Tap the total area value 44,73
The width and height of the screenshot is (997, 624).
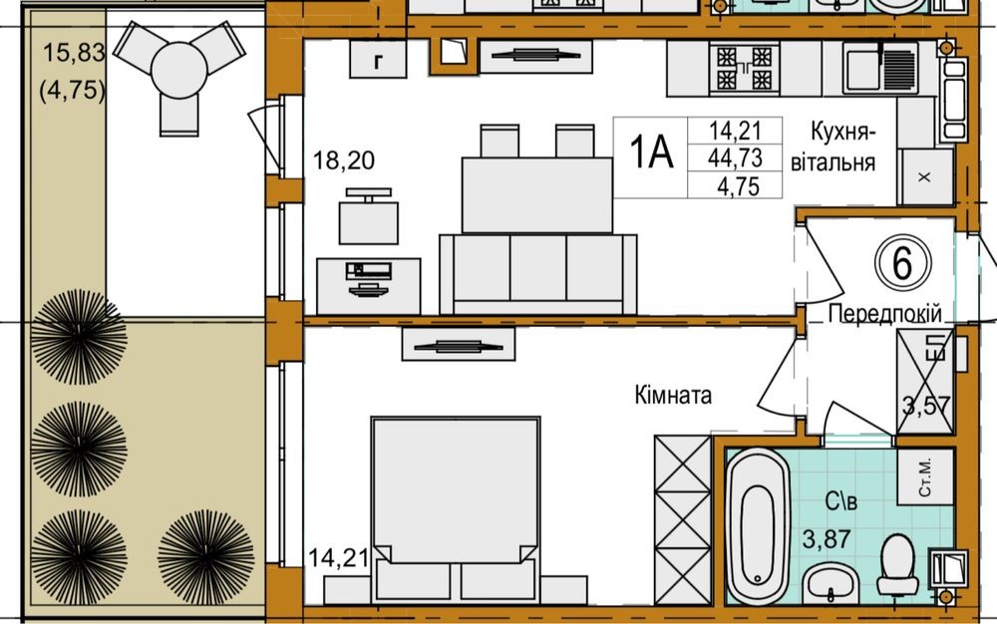tap(735, 157)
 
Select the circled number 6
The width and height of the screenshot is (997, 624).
tap(903, 262)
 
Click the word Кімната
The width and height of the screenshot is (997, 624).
tap(673, 396)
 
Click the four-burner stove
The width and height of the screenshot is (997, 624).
tap(744, 69)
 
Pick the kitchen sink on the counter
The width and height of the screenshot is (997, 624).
tap(881, 68)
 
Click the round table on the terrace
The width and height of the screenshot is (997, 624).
tap(179, 70)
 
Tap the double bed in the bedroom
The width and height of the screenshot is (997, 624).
tap(456, 508)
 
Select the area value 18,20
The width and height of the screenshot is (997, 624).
tap(344, 160)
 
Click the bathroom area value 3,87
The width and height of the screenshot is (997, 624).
tap(827, 539)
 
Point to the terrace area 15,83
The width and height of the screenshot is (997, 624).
tap(74, 53)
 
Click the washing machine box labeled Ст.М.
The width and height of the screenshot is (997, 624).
tap(925, 476)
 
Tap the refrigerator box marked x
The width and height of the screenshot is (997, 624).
tap(925, 176)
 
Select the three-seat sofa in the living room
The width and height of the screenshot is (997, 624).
tap(538, 274)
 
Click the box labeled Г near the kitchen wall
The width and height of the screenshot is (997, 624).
tap(378, 61)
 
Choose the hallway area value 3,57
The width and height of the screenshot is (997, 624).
tap(927, 405)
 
